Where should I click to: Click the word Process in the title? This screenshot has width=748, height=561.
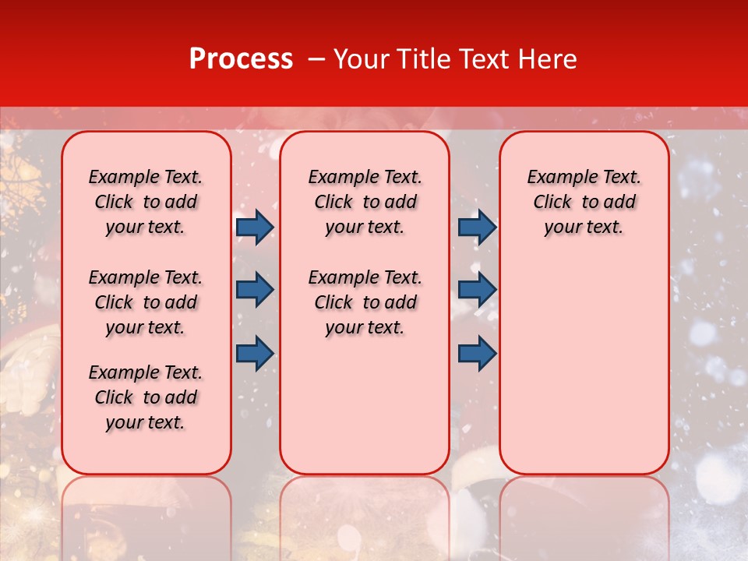(x=241, y=59)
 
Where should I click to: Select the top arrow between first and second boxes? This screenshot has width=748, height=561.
(x=254, y=228)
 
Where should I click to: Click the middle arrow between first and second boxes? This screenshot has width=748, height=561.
(x=254, y=290)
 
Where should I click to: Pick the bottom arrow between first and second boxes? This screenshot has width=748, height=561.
(x=254, y=353)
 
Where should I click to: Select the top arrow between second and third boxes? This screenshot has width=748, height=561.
(x=477, y=228)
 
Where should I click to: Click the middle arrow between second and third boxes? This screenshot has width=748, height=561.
(x=477, y=290)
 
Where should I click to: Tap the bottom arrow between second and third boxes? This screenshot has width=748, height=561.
(x=477, y=353)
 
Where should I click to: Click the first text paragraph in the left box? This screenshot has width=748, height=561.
(x=146, y=202)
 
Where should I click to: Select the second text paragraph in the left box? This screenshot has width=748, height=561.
(x=146, y=302)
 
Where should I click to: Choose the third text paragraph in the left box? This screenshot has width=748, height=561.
(x=146, y=397)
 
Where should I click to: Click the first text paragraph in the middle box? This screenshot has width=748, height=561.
(x=365, y=202)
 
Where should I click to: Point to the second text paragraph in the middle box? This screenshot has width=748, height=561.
(x=365, y=302)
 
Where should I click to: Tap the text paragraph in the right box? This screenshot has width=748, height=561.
(x=584, y=202)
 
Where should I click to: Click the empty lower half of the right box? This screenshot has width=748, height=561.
(x=584, y=374)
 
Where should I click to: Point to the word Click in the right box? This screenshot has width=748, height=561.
(x=552, y=203)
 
